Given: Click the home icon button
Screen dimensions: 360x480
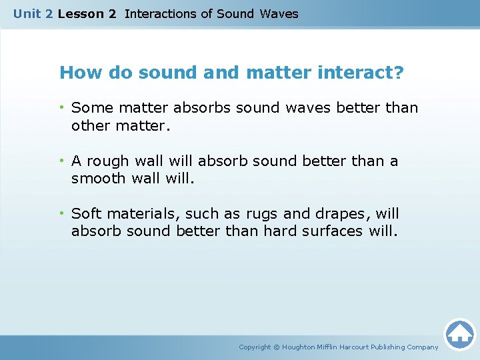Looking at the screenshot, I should [x=459, y=334].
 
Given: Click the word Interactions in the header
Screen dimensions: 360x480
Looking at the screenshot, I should [x=161, y=13].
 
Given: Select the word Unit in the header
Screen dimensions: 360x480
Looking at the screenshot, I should [x=27, y=13].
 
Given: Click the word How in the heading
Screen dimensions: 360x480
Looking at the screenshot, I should [x=78, y=72].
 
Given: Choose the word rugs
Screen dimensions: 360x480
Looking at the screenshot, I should [x=262, y=214].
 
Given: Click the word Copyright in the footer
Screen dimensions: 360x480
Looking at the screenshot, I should [x=255, y=347].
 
